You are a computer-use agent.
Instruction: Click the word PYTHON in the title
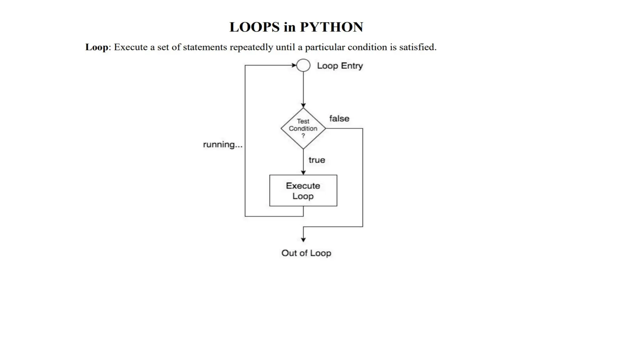pos(332,27)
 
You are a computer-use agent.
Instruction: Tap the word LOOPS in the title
pos(254,27)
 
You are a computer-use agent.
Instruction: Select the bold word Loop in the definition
pos(97,47)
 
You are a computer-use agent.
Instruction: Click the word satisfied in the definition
pos(417,47)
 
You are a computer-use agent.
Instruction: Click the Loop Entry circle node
pos(303,65)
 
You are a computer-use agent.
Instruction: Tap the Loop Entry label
pos(340,66)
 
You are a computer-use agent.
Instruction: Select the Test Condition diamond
pos(303,128)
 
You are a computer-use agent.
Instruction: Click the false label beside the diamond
pos(339,119)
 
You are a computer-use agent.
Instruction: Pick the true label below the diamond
pos(317,160)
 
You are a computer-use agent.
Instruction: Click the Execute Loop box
pos(303,191)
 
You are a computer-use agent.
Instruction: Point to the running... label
pos(222,145)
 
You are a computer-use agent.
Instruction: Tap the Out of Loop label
pos(306,253)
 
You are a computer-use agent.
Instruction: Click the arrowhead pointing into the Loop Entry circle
pos(294,65)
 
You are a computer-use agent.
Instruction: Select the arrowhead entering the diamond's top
pos(303,106)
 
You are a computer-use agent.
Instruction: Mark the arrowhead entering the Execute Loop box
pos(303,172)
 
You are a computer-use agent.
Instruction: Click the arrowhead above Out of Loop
pos(303,240)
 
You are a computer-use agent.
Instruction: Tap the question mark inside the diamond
pos(303,136)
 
